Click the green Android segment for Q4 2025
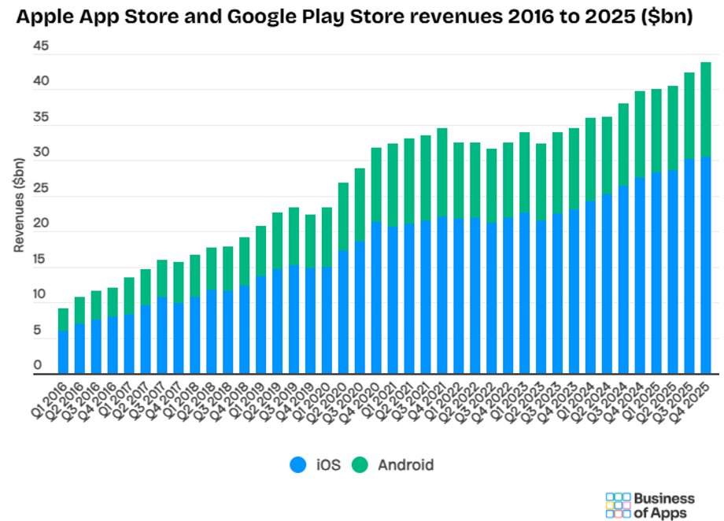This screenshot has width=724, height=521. tap(706, 109)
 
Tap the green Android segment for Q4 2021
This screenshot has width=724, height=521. tap(442, 172)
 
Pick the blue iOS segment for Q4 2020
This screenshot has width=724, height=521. tap(376, 298)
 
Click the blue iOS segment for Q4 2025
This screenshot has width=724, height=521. tap(706, 265)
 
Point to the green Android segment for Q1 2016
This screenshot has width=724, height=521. tap(63, 320)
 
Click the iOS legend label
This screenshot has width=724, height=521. tap(329, 464)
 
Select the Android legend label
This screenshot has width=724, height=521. tap(405, 464)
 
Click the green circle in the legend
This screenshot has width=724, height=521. tap(360, 464)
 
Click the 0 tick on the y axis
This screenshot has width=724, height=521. tap(37, 366)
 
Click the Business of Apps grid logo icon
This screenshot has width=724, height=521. tap(618, 505)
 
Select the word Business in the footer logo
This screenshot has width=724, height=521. tap(664, 498)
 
